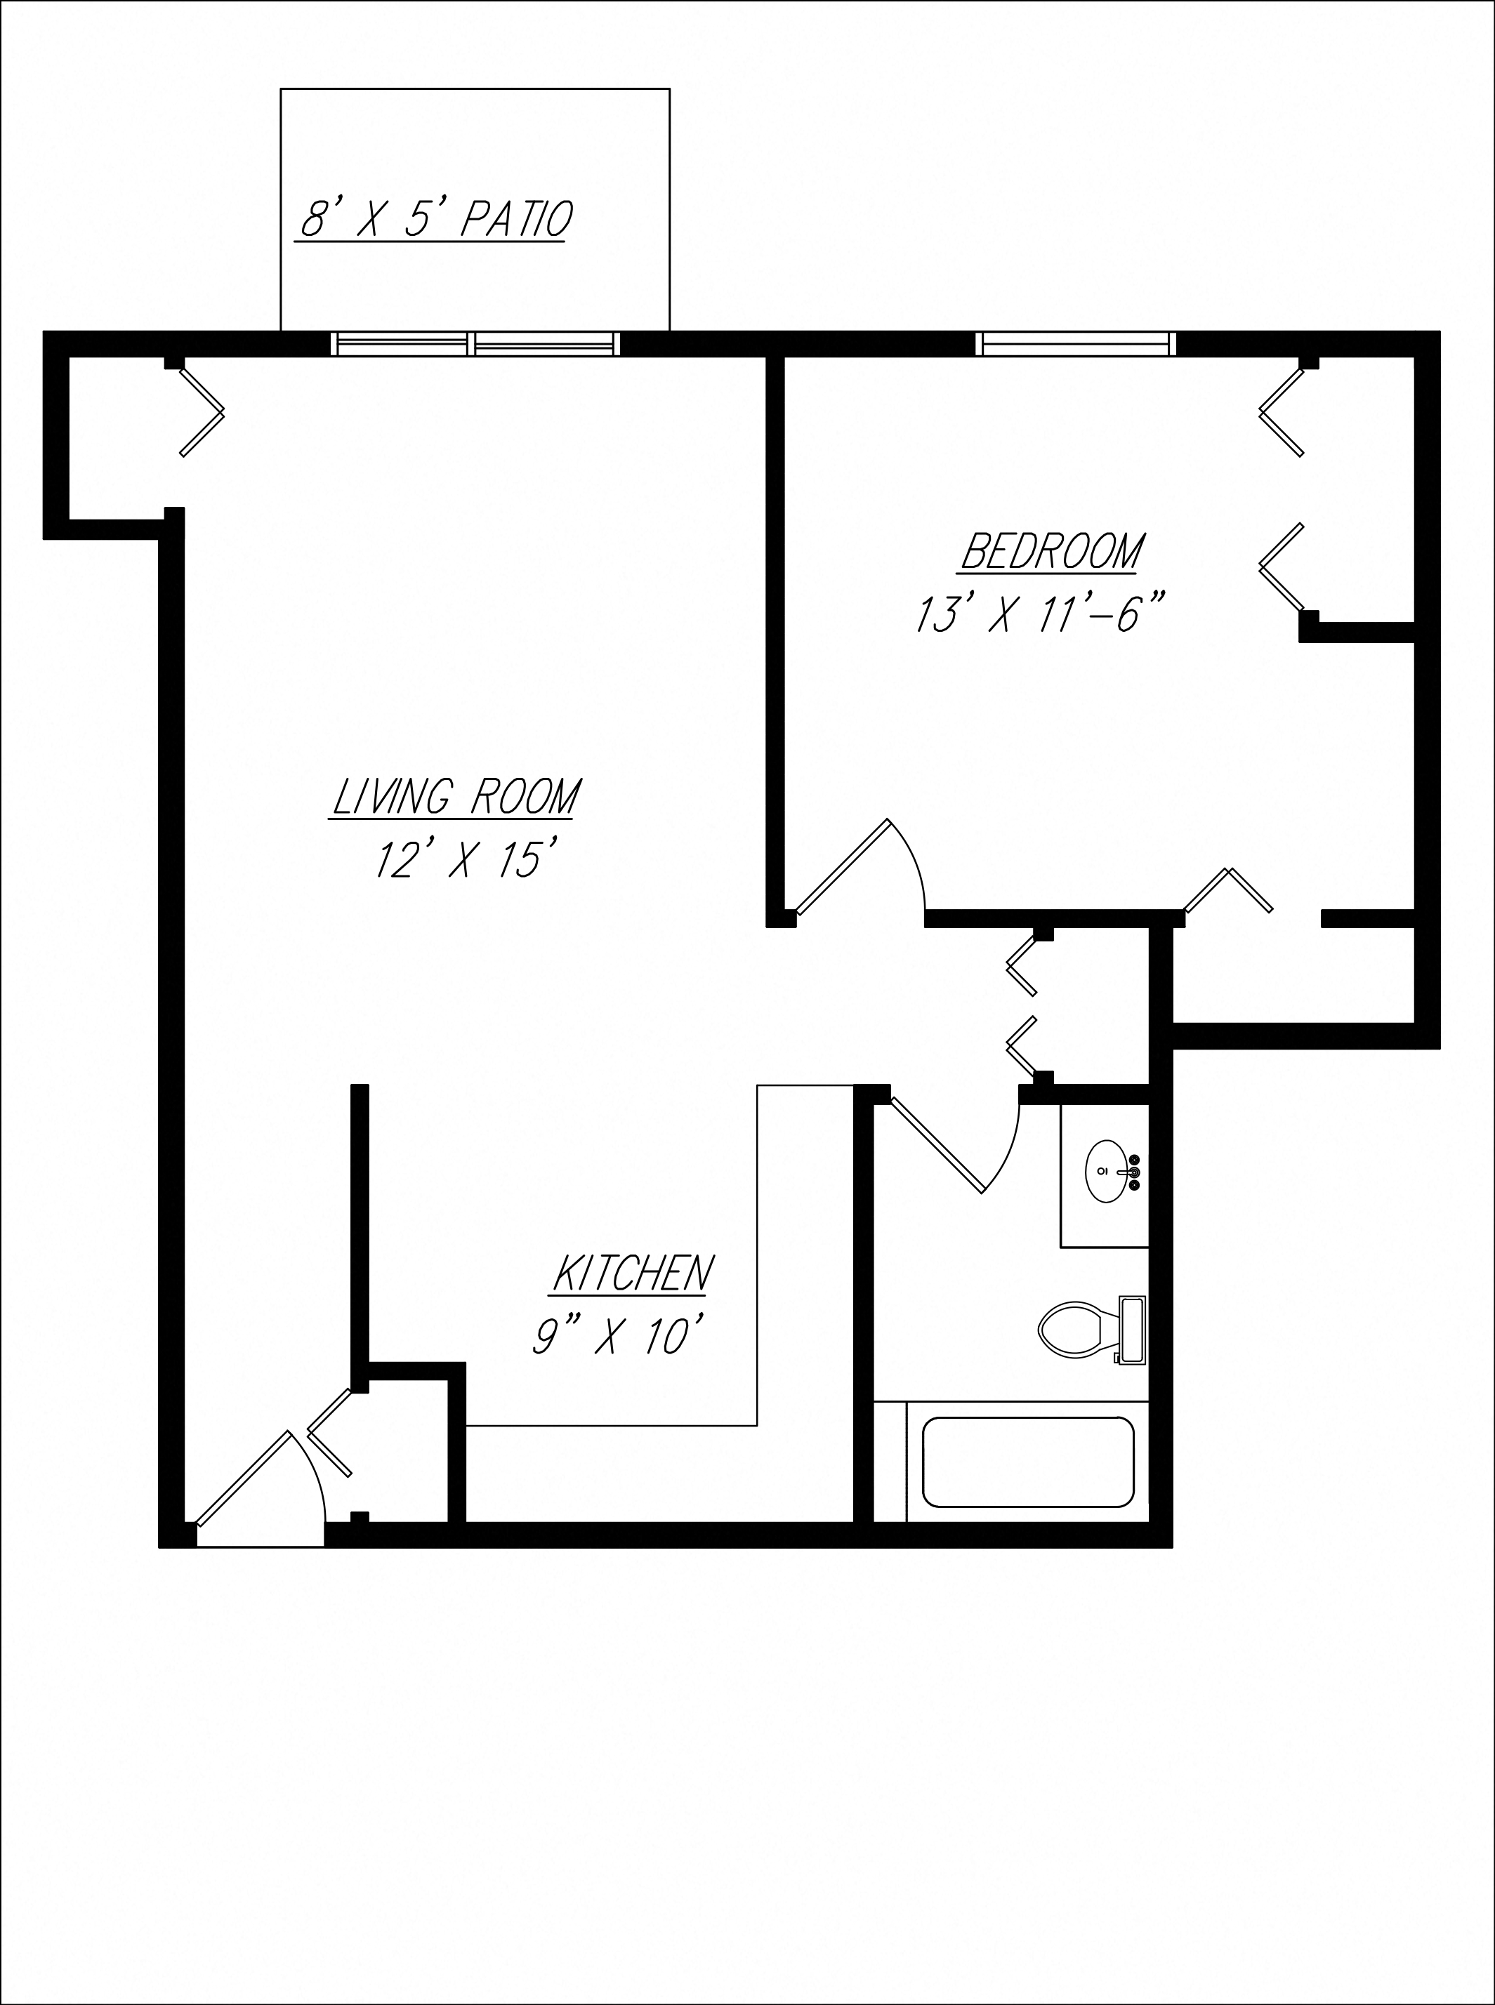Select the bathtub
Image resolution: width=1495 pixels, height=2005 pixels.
click(x=1028, y=1462)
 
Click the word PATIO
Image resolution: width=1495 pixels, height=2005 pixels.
click(x=517, y=220)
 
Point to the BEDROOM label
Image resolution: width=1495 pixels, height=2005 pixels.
click(x=1052, y=551)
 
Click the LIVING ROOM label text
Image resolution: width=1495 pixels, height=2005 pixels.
click(x=455, y=797)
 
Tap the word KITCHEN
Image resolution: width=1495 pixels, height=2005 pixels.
click(x=633, y=1273)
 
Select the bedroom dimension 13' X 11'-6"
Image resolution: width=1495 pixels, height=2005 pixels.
click(x=1039, y=614)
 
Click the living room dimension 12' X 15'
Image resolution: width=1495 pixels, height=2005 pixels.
click(x=463, y=859)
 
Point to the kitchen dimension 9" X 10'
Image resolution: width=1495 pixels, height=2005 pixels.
click(x=617, y=1335)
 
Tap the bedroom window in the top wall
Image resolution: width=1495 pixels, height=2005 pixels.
click(x=1076, y=344)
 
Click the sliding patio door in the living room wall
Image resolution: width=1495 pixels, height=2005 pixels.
click(x=476, y=344)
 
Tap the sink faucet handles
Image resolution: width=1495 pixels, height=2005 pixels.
click(x=1134, y=1172)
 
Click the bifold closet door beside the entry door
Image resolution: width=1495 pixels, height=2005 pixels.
click(x=329, y=1431)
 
